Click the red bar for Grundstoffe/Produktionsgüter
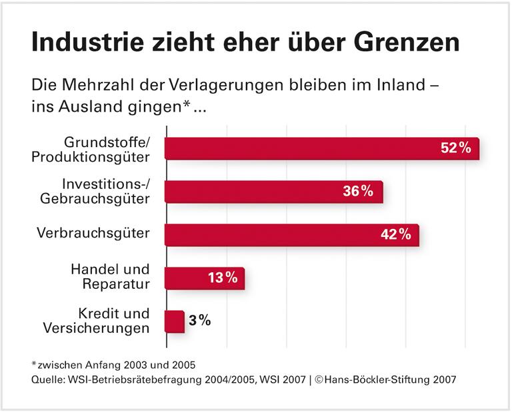[x=300, y=148]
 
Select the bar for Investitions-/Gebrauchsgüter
[x=253, y=192]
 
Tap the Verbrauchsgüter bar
[x=273, y=235]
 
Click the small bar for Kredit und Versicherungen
[x=175, y=321]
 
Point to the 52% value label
[x=455, y=148]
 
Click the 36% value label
[x=358, y=192]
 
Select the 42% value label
[x=395, y=235]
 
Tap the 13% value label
[x=221, y=278]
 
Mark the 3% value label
[x=199, y=321]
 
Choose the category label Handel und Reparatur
[x=110, y=277]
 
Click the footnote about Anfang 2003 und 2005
[x=113, y=364]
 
